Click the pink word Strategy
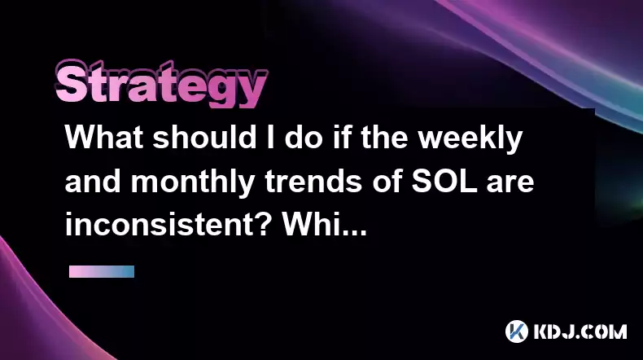coord(162,84)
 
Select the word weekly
coord(470,139)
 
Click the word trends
coord(313,182)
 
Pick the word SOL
coord(444,182)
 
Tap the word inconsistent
coord(159,226)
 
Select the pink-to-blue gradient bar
coord(102,271)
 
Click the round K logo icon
coord(517,331)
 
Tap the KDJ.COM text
coord(580,331)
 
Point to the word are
coord(510,184)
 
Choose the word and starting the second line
coord(93,182)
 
